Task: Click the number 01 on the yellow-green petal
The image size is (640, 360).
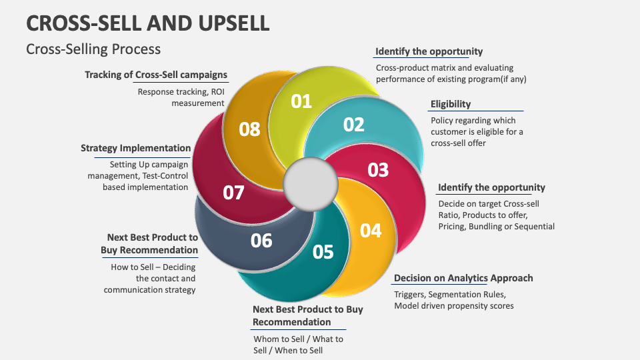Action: click(x=301, y=101)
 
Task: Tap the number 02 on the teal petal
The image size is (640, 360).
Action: click(x=354, y=125)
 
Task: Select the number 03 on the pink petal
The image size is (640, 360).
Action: click(x=378, y=169)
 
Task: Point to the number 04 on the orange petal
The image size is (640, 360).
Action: click(x=371, y=230)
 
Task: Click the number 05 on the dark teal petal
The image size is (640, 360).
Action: click(x=323, y=251)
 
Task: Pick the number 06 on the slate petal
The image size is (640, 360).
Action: click(x=261, y=240)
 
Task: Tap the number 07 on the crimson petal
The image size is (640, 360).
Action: click(x=233, y=193)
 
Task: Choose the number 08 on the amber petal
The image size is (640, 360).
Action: click(x=249, y=129)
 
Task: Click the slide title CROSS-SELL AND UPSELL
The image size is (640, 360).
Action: click(x=148, y=23)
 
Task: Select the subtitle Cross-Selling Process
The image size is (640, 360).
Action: click(x=93, y=49)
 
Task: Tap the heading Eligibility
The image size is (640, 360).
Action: click(x=451, y=104)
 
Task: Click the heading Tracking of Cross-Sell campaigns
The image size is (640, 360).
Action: click(x=156, y=75)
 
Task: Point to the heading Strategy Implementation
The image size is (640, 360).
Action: click(x=136, y=148)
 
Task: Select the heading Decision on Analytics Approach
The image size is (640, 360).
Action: click(x=463, y=278)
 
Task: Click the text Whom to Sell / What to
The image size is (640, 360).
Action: click(x=298, y=339)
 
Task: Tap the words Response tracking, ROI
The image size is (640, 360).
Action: click(x=181, y=92)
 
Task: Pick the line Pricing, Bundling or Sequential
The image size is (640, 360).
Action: click(x=496, y=227)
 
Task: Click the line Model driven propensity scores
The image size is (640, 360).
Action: click(x=454, y=306)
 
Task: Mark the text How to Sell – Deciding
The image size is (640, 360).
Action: click(x=153, y=267)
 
